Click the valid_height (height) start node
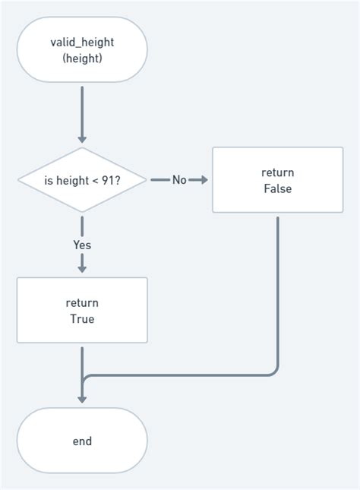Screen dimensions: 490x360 82,49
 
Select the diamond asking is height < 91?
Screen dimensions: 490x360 82,180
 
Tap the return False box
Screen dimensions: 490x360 277,180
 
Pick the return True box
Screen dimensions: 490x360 82,311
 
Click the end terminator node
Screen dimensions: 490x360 82,441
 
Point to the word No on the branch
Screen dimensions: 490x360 179,180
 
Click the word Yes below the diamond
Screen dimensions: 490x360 82,245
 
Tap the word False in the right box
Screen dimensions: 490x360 277,188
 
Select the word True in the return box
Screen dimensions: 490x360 82,319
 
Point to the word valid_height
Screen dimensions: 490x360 82,42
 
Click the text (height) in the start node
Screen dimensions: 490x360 82,58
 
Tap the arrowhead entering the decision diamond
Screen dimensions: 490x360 82,140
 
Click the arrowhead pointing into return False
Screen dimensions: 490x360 204,180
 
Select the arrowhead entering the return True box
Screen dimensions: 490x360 82,268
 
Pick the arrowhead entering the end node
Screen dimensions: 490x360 82,400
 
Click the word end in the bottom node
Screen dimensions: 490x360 82,441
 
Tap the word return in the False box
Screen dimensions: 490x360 277,172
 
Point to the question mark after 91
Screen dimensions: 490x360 120,180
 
